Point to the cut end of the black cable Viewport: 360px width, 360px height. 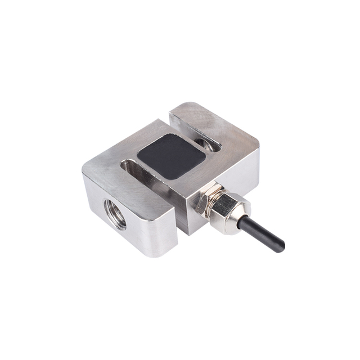[x=281, y=247]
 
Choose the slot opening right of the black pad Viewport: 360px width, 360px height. [x=211, y=145]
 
